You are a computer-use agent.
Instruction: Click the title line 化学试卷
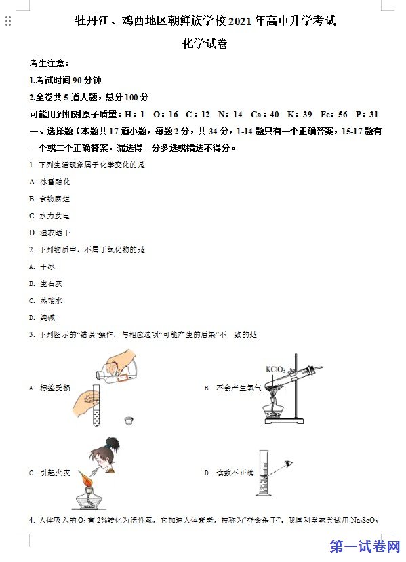click(205, 44)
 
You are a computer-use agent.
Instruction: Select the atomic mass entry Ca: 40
click(265, 115)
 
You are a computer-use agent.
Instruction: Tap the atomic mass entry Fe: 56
click(333, 115)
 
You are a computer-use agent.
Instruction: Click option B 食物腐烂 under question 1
click(49, 199)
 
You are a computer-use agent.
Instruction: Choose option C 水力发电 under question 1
click(49, 216)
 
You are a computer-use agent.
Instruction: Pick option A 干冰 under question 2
click(42, 266)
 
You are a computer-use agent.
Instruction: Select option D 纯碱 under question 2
click(42, 317)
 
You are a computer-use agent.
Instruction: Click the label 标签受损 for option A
click(55, 388)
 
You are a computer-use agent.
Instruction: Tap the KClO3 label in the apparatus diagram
click(275, 369)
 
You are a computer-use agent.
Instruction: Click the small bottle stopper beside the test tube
click(129, 420)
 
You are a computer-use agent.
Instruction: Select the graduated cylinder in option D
click(264, 473)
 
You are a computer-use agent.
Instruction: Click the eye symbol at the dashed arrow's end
click(289, 464)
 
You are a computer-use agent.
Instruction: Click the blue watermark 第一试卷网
click(365, 547)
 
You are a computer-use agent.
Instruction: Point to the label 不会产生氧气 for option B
click(239, 388)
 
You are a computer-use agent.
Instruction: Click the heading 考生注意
click(49, 64)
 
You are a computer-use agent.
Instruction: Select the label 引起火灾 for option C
click(55, 473)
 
